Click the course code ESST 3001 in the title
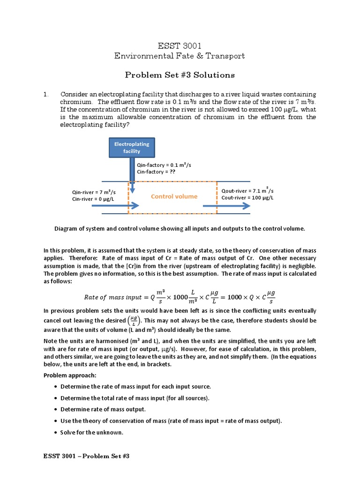click(x=180, y=45)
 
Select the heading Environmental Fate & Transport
click(x=180, y=56)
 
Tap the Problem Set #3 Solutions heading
click(x=180, y=75)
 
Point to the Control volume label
click(x=174, y=196)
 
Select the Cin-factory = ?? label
click(x=156, y=172)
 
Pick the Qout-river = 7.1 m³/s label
click(x=247, y=191)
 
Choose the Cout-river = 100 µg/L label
click(x=247, y=198)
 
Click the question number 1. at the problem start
click(x=46, y=94)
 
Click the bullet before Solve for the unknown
click(x=56, y=432)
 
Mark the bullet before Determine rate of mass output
click(x=56, y=409)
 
